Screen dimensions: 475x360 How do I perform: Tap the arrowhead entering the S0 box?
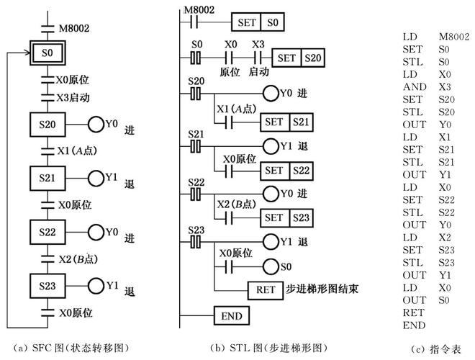point(28,53)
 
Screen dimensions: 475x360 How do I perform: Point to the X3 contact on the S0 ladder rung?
point(258,58)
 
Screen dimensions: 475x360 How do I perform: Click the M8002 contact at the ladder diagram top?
point(194,22)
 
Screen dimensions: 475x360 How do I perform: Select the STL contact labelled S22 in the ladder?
point(196,194)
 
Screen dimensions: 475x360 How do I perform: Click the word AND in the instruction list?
point(415,87)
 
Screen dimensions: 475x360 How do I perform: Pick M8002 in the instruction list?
point(454,37)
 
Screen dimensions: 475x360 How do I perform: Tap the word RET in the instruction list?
point(413,312)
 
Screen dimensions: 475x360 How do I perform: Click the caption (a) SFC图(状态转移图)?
point(71,348)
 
